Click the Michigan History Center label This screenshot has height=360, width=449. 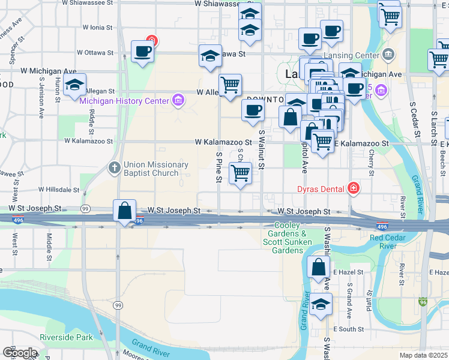tap(124, 101)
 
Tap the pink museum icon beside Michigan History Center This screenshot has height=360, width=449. tap(178, 99)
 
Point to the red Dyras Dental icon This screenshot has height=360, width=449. tap(354, 188)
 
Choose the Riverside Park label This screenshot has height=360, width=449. tap(66, 337)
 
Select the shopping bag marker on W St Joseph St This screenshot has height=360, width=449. tap(125, 211)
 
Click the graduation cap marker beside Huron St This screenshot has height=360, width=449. tap(75, 85)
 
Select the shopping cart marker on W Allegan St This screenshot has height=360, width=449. tap(230, 85)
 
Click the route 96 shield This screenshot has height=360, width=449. tap(424, 303)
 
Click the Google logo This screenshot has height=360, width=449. tap(20, 353)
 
